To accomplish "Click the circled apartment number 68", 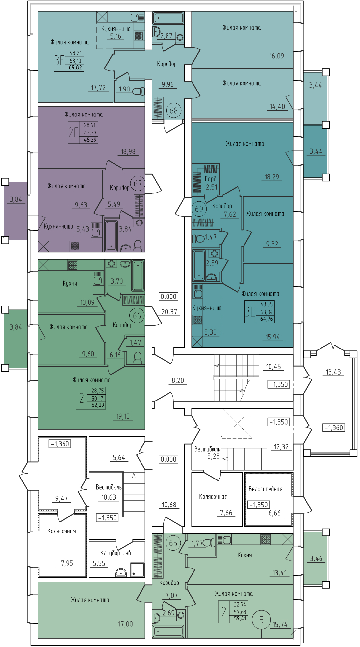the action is pos(174,111).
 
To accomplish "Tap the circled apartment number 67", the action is pos(138,183).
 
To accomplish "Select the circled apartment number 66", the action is pos(137,316).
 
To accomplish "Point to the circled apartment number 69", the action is pos(199,209).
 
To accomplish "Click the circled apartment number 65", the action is pos(173,543).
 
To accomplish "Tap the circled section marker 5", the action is pos(261,620).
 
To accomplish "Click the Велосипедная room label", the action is pos(266,489).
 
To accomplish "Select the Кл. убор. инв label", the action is pos(116,553).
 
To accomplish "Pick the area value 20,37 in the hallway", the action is pos(169,312).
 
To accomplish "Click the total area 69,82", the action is pos(75,68).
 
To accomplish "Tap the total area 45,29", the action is pos(90,140).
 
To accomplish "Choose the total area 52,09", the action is pos(98,405).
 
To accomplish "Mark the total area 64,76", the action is pos(267,319).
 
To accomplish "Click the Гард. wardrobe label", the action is pos(211,179).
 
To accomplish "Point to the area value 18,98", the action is pos(128,152).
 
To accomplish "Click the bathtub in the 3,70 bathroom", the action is pos(138,275).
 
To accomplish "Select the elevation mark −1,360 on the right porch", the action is pos(334,428).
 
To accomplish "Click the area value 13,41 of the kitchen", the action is pos(280,573).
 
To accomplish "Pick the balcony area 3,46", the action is pos(316,559).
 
